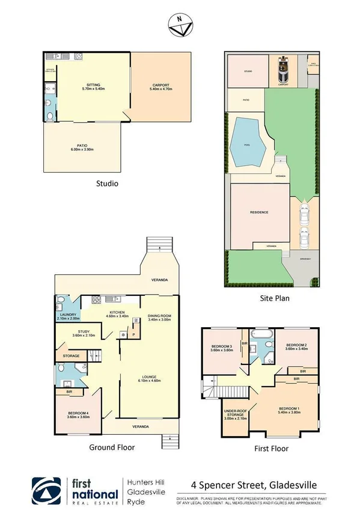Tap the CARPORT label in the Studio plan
pyautogui.click(x=160, y=86)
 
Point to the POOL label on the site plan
pyautogui.click(x=246, y=144)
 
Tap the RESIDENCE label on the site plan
pyautogui.click(x=259, y=212)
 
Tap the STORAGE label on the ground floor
pyautogui.click(x=72, y=356)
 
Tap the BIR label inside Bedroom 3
pyautogui.click(x=245, y=343)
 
